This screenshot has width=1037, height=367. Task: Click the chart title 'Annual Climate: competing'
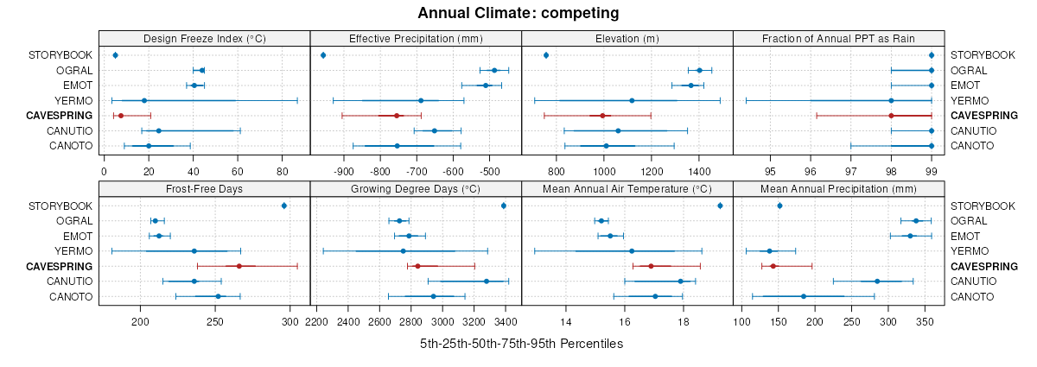point(518,13)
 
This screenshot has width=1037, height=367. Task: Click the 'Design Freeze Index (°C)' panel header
point(204,39)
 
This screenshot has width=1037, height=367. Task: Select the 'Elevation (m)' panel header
point(627,39)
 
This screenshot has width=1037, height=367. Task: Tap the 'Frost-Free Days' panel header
point(204,189)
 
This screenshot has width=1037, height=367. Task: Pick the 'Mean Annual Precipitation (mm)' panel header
point(838,189)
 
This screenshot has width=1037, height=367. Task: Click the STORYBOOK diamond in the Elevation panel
point(546,55)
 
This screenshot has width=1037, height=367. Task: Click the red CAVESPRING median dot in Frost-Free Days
point(239,266)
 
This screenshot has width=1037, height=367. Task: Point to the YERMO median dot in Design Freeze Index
point(144,100)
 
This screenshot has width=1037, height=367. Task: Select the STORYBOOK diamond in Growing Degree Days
point(504,206)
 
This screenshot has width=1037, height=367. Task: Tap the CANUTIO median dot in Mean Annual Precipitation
point(877,281)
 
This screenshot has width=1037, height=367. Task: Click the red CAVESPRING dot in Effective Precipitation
point(397,115)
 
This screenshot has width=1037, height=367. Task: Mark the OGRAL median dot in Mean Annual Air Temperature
point(601,221)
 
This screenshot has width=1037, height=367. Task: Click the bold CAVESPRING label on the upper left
point(60,116)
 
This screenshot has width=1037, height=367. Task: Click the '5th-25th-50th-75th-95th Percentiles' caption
point(521,344)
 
